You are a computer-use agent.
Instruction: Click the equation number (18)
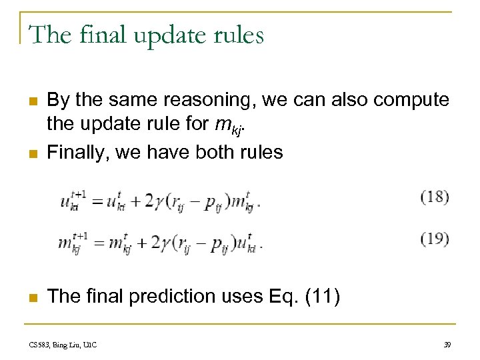pos(435,197)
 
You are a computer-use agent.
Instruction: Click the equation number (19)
pos(435,239)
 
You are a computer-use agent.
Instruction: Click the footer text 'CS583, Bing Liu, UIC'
pos(63,345)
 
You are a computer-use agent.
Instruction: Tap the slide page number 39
pos(447,345)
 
